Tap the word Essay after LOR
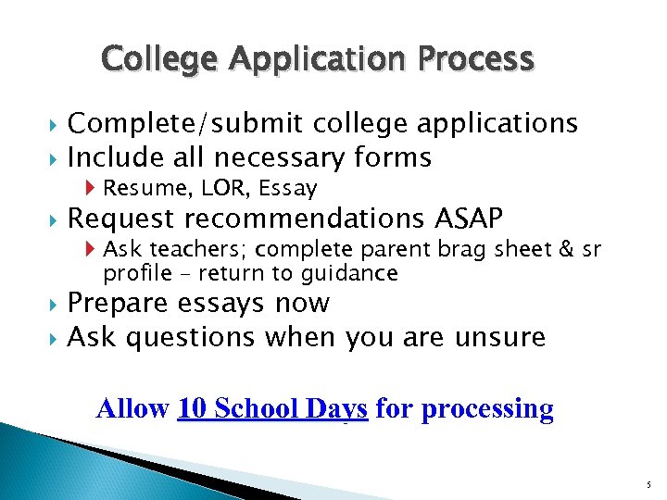[288, 189]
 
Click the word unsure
[500, 337]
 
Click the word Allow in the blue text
[132, 408]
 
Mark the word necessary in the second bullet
[282, 158]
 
